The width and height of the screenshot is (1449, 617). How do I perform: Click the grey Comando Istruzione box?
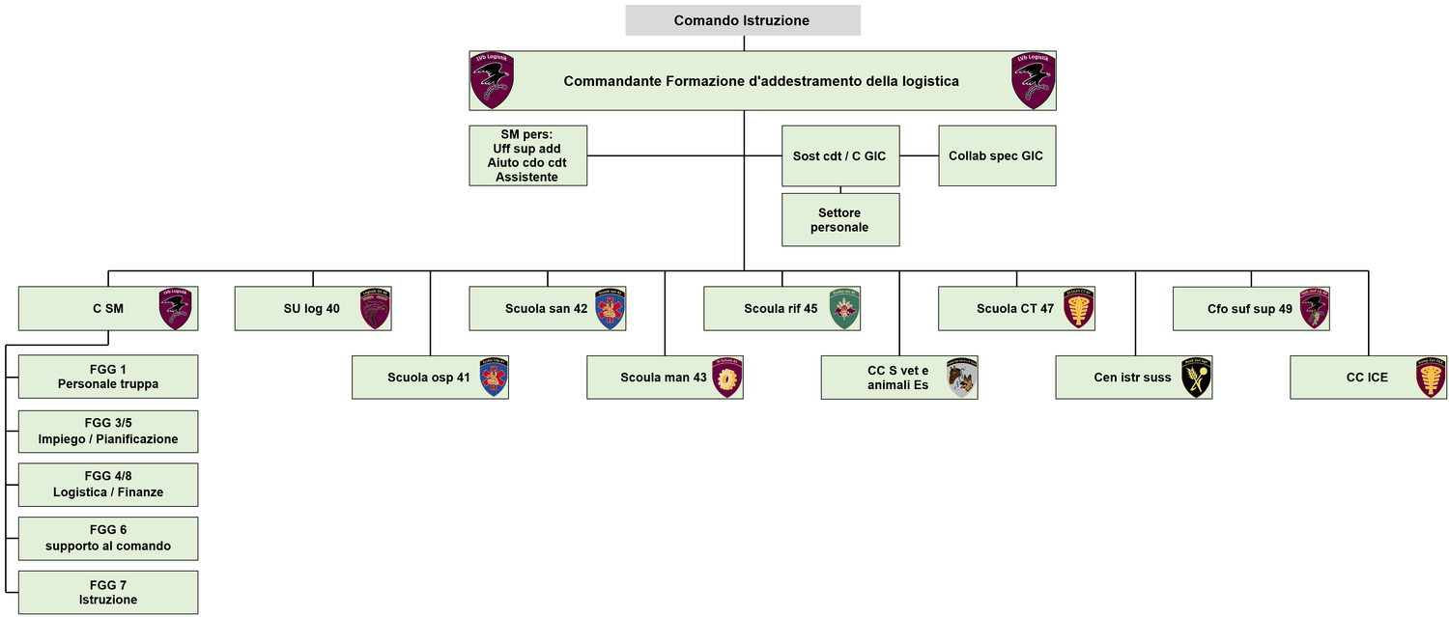coord(742,20)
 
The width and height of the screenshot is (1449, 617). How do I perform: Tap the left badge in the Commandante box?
coord(492,80)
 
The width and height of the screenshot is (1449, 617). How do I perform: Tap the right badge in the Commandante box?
coord(1034,80)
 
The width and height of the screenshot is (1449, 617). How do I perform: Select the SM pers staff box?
coord(527,155)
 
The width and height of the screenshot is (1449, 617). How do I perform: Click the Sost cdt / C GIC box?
coord(840,155)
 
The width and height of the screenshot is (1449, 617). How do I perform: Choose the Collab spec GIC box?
coord(996,155)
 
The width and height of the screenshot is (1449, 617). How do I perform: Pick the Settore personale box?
coord(840,220)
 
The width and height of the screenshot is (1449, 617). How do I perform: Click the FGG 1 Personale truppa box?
coord(108,377)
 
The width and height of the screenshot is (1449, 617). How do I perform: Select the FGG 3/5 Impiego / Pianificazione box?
coord(108,432)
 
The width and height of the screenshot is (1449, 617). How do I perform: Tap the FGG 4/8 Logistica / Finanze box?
coord(108,485)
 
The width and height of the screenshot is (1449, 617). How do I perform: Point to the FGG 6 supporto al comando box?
coord(108,539)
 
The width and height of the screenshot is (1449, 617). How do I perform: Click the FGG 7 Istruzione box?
coord(108,593)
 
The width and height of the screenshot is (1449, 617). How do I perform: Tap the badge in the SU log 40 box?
coord(375,309)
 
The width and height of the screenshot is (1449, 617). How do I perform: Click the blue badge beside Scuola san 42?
coord(611,309)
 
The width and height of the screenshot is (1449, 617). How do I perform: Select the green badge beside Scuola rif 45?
coord(844,309)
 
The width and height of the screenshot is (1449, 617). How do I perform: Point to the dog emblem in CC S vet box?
coord(962,378)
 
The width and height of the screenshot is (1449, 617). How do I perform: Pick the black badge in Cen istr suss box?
coord(1196,378)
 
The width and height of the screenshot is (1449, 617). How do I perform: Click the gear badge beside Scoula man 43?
coord(726,378)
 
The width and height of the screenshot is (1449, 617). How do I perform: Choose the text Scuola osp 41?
coord(429,378)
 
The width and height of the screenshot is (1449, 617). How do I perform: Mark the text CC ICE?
coord(1367,378)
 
